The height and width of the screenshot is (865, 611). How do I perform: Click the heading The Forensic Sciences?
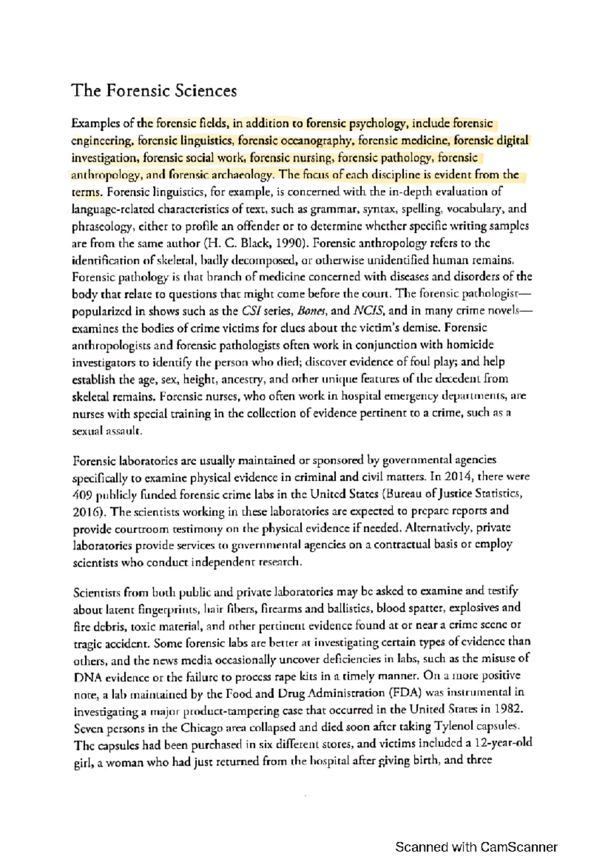tap(154, 91)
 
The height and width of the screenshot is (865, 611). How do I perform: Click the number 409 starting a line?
tap(82, 495)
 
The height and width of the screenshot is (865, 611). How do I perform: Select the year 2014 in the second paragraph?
tap(457, 477)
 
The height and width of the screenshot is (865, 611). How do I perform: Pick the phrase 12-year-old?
tap(503, 743)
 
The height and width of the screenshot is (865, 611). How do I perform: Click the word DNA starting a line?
tap(88, 678)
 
